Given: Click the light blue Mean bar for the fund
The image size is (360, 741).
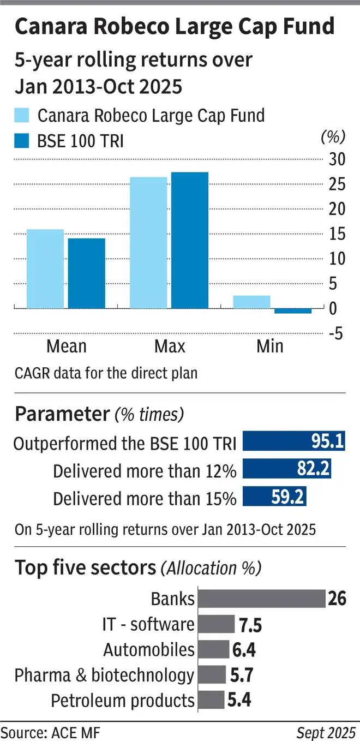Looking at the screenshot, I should click(x=45, y=268).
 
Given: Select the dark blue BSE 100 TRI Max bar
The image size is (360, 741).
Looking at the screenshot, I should click(x=190, y=240).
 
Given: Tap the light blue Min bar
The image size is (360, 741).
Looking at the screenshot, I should click(x=251, y=302).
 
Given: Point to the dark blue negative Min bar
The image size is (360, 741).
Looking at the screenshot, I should click(x=293, y=311).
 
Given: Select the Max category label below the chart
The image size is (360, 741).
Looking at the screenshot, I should click(x=170, y=346).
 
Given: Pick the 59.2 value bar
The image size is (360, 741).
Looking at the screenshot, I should click(x=274, y=497).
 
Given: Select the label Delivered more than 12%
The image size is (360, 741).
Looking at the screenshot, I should click(x=145, y=470).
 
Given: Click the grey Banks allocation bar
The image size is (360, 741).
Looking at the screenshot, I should click(x=261, y=599).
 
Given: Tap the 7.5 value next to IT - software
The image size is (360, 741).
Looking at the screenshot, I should click(x=250, y=625).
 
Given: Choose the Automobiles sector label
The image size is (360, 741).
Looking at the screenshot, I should click(x=149, y=649).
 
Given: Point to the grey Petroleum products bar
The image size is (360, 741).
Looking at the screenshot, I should click(x=211, y=700).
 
